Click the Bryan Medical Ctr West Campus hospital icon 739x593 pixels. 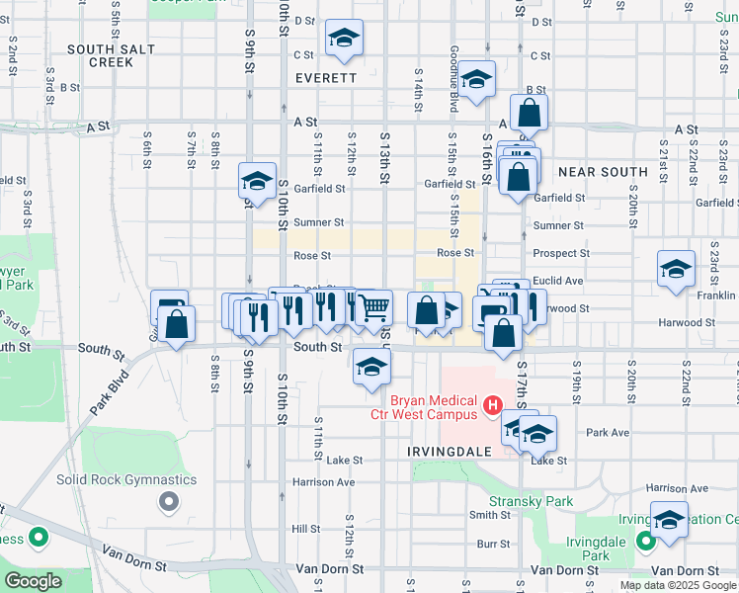490,405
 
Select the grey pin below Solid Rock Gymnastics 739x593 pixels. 169,502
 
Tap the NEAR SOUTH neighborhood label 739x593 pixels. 603,172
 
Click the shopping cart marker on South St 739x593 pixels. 372,308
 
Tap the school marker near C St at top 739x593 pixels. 344,39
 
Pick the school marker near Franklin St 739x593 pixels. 677,270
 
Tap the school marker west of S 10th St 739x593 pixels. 257,182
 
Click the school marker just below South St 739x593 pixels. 371,368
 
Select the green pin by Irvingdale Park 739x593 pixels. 644,541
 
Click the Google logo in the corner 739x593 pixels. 33,581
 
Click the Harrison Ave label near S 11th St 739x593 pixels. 323,482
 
